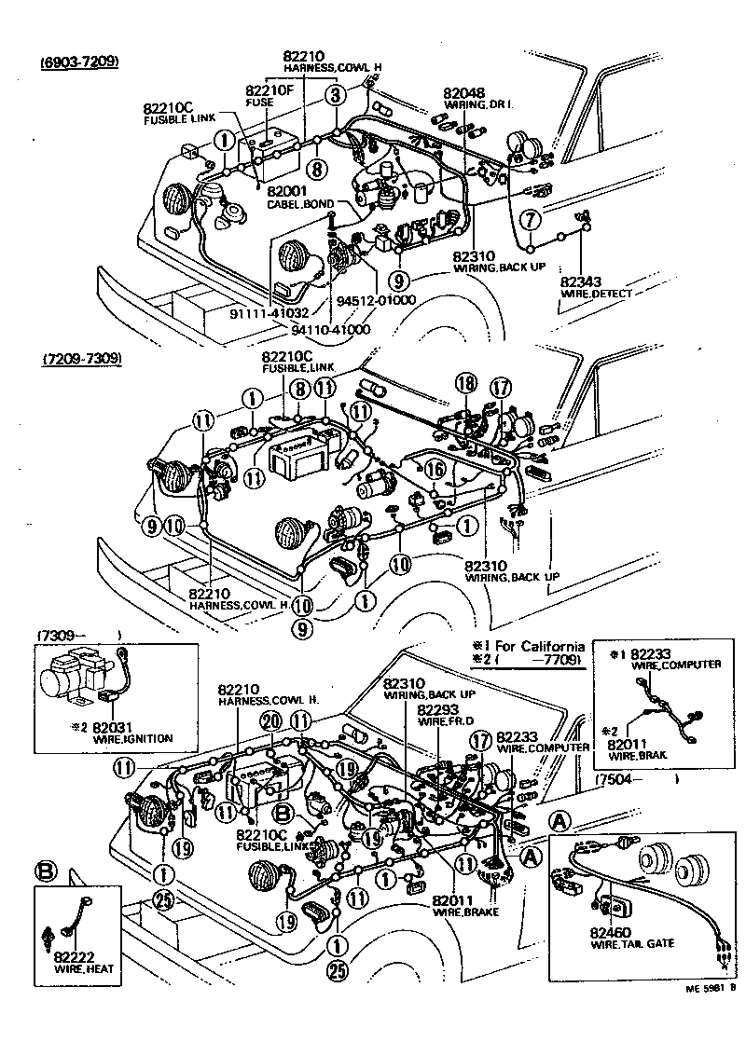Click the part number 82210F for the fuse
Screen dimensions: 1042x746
[x=269, y=90]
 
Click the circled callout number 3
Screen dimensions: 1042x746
[x=336, y=94]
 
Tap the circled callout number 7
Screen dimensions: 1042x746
[x=529, y=220]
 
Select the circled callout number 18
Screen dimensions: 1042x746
[x=465, y=382]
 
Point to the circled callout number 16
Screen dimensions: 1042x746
[x=435, y=470]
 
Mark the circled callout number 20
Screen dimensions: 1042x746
[x=270, y=720]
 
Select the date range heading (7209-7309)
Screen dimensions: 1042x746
[x=80, y=358]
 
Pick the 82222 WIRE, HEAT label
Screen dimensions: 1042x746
[x=78, y=961]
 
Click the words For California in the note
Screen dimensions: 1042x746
[x=539, y=646]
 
